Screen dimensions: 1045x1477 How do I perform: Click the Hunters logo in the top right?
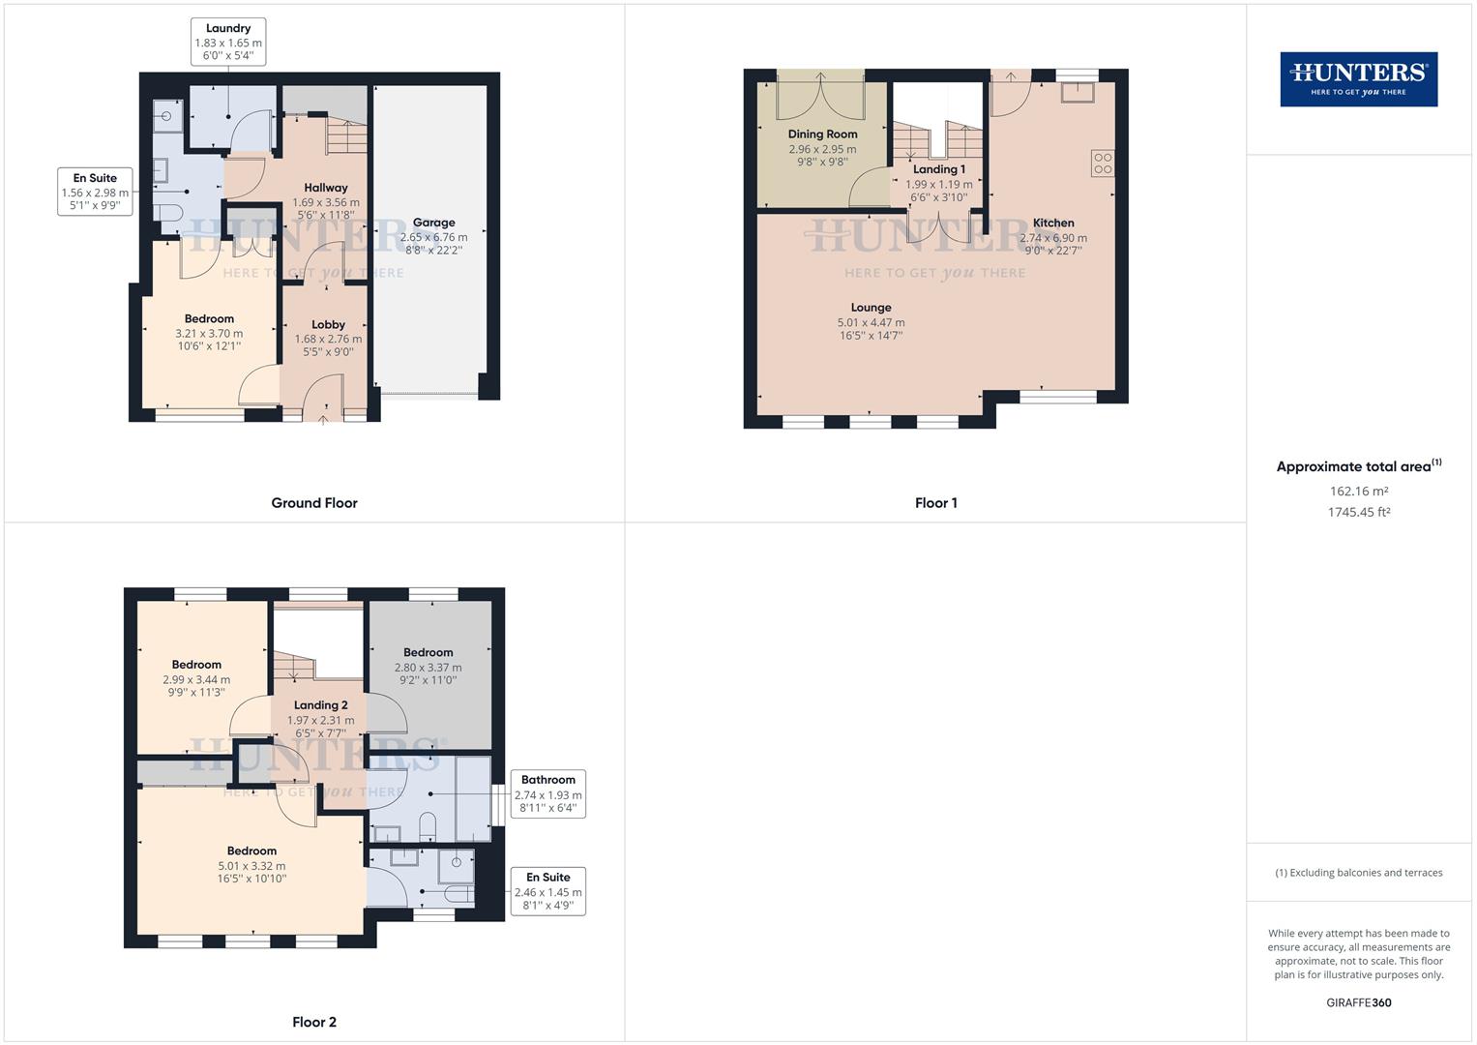pyautogui.click(x=1358, y=79)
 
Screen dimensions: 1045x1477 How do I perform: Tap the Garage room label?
pyautogui.click(x=433, y=223)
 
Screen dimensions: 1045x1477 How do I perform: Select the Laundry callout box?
pyautogui.click(x=228, y=42)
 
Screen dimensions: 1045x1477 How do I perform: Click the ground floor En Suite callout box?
pyautogui.click(x=95, y=192)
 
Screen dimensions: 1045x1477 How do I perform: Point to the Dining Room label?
pyautogui.click(x=822, y=134)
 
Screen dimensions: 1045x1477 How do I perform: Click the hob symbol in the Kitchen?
pyautogui.click(x=1103, y=164)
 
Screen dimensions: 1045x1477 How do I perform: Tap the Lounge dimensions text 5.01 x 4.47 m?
pyautogui.click(x=871, y=322)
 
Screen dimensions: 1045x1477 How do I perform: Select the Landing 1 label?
pyautogui.click(x=939, y=169)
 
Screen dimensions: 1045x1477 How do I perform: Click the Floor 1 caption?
pyautogui.click(x=935, y=503)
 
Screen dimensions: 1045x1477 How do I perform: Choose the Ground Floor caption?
pyautogui.click(x=314, y=503)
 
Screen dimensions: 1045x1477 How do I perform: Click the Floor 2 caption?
pyautogui.click(x=314, y=1022)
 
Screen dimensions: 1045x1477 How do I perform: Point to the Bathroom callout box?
pyautogui.click(x=547, y=793)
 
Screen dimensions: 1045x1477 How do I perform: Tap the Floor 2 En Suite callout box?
pyautogui.click(x=547, y=891)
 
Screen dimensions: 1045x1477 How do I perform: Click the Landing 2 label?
pyautogui.click(x=320, y=705)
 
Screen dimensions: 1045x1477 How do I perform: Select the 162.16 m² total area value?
pyautogui.click(x=1358, y=492)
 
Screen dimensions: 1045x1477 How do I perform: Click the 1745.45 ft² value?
pyautogui.click(x=1358, y=513)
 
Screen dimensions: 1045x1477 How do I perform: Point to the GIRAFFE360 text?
pyautogui.click(x=1358, y=1002)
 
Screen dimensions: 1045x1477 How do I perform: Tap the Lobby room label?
pyautogui.click(x=328, y=325)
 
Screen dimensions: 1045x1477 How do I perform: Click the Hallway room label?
pyautogui.click(x=326, y=188)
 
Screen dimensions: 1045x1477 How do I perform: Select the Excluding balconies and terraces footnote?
pyautogui.click(x=1358, y=873)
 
